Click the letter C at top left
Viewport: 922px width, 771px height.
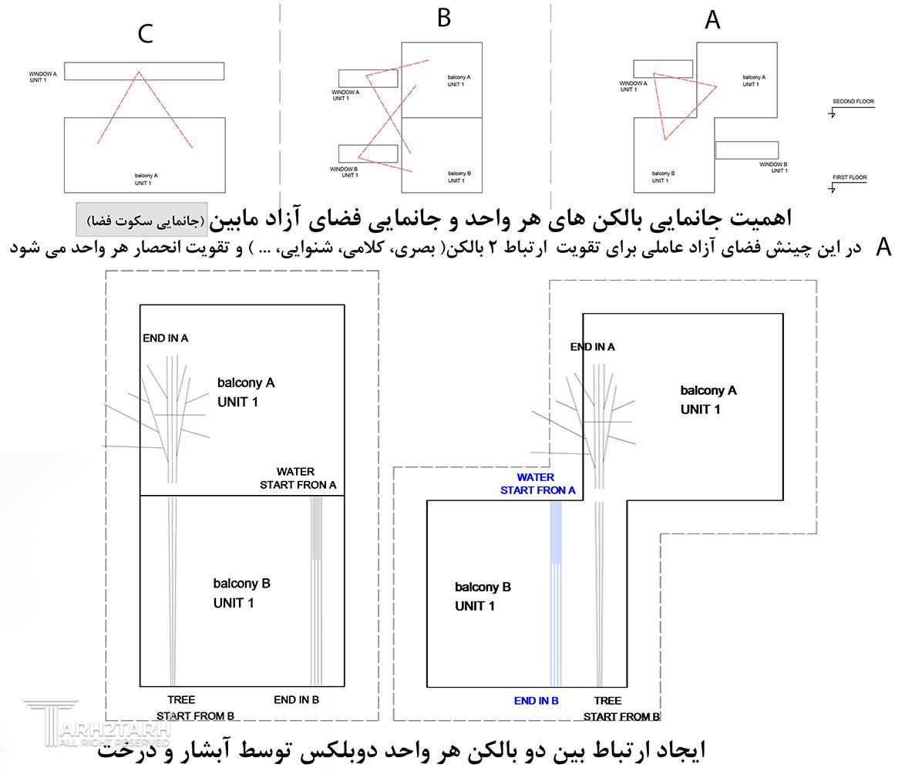point(145,33)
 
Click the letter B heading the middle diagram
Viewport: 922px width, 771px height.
point(443,18)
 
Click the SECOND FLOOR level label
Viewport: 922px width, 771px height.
point(853,102)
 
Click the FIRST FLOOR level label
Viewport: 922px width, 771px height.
point(849,178)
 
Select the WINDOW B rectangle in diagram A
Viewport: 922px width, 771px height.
point(746,150)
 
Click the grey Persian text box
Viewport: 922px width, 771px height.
point(142,221)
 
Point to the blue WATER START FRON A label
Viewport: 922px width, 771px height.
point(537,483)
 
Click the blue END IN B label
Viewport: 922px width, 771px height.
point(536,701)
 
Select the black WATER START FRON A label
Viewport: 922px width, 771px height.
point(298,478)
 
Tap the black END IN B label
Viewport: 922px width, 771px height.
point(296,699)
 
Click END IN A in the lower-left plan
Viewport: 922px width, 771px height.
point(165,338)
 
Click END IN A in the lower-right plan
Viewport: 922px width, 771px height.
point(592,347)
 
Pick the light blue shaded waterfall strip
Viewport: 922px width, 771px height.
point(555,532)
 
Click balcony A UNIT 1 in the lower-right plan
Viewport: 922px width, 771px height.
point(708,399)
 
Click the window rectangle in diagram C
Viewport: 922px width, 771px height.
point(144,71)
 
